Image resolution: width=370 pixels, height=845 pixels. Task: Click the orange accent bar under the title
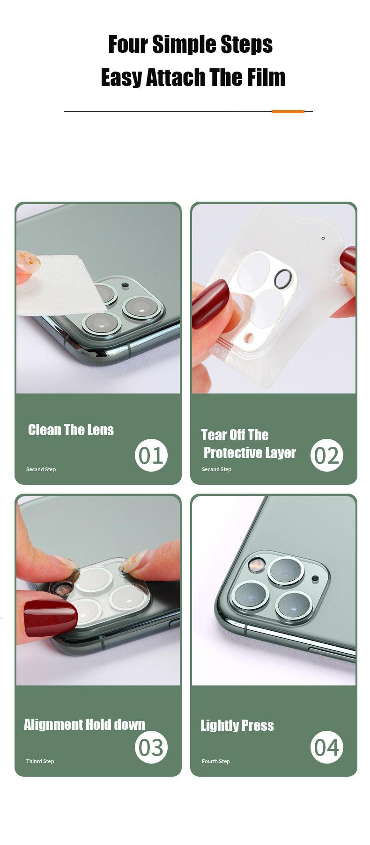point(288,111)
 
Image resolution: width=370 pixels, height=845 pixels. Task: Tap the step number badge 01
point(151,455)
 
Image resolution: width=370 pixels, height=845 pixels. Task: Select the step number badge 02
point(327,455)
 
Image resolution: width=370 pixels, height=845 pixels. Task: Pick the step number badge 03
point(151,747)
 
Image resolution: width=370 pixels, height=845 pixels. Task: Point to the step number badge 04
point(327,747)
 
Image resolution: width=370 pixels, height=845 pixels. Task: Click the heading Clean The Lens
point(71,430)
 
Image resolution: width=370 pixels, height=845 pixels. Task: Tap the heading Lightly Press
point(237,725)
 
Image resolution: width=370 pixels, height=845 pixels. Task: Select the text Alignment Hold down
point(84,724)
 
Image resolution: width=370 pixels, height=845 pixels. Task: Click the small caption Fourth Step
point(216,761)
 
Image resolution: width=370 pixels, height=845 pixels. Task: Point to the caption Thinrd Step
point(40,761)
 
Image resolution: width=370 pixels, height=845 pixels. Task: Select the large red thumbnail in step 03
point(50,618)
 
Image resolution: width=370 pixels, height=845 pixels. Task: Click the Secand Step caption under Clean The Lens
point(41,469)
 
